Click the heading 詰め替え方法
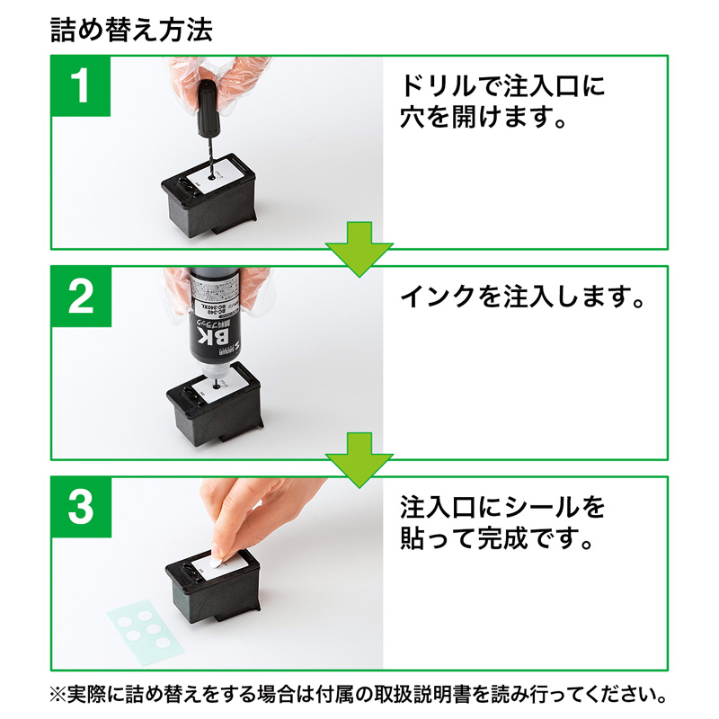tap(132, 31)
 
